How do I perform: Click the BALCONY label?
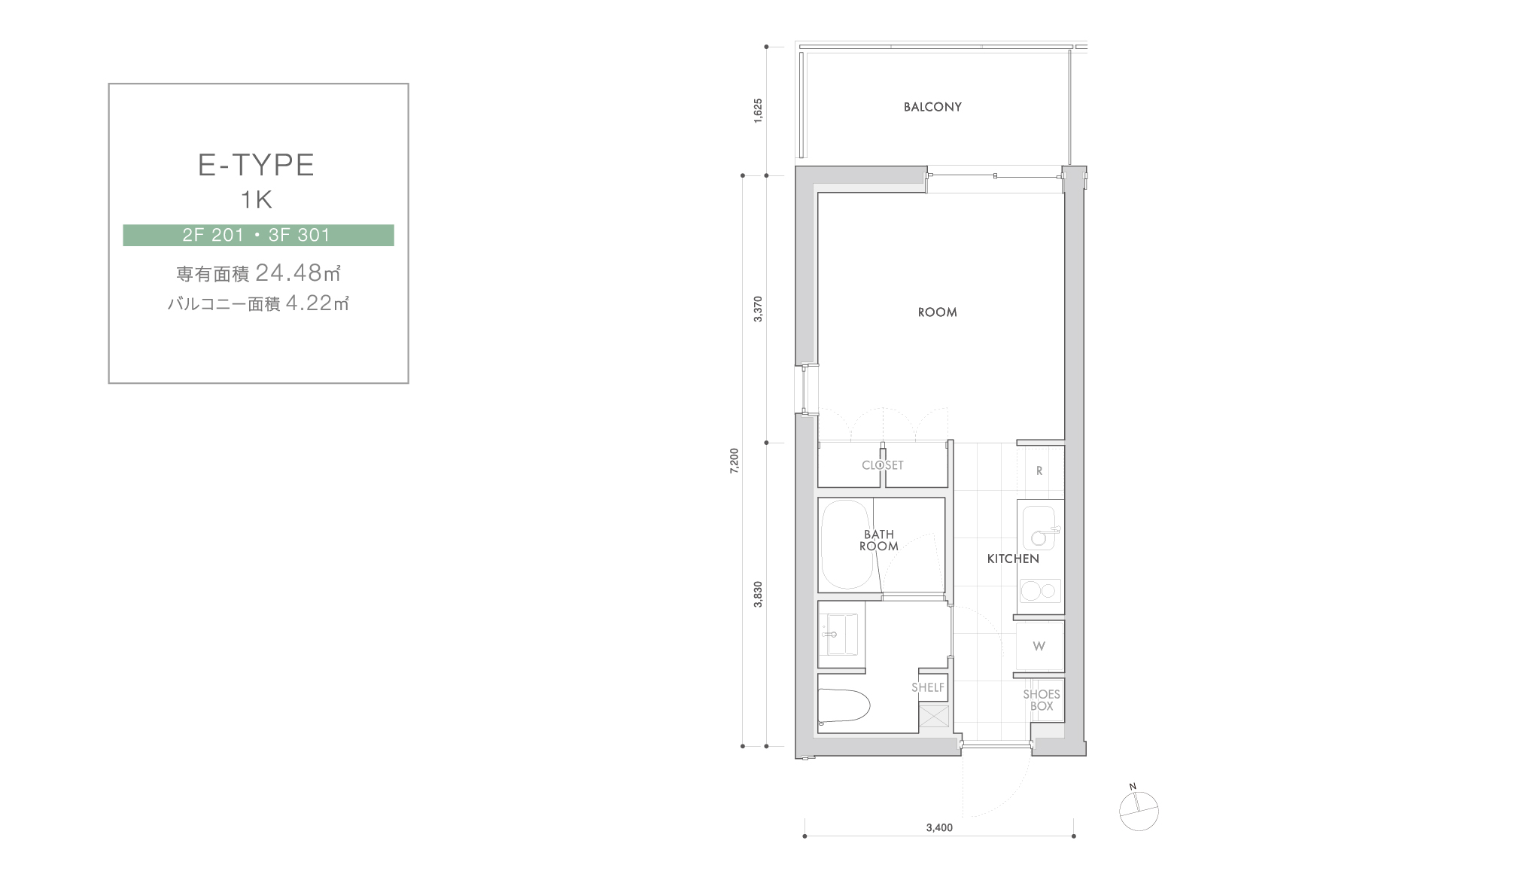pyautogui.click(x=932, y=107)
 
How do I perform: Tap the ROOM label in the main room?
pyautogui.click(x=937, y=312)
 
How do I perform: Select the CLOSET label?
pyautogui.click(x=882, y=465)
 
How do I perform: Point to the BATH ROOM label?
pyautogui.click(x=879, y=541)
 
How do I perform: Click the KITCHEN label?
pyautogui.click(x=1013, y=559)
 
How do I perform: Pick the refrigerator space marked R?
pyautogui.click(x=1040, y=471)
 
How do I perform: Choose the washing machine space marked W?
pyautogui.click(x=1039, y=646)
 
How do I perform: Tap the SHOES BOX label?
pyautogui.click(x=1042, y=700)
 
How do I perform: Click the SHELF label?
pyautogui.click(x=928, y=687)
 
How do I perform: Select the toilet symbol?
pyautogui.click(x=844, y=705)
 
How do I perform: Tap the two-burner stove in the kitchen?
pyautogui.click(x=1039, y=591)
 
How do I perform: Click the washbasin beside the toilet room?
pyautogui.click(x=838, y=635)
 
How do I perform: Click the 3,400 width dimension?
pyautogui.click(x=939, y=828)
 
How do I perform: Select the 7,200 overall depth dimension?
pyautogui.click(x=735, y=460)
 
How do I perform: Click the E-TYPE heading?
pyautogui.click(x=256, y=165)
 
